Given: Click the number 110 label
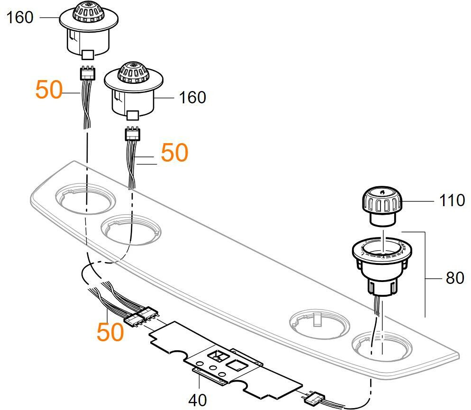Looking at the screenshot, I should pos(452,200).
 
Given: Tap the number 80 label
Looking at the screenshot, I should pos(454,278).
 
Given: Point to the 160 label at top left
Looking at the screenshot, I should pos(20,18).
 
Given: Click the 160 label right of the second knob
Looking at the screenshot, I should pos(192,98).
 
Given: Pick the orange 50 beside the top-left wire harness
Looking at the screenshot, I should pos(49,90).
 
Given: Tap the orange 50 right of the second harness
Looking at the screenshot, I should pos(174,153).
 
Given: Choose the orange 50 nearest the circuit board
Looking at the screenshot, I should pos(110,331).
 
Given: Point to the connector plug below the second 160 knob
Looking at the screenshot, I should pos(133,135).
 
